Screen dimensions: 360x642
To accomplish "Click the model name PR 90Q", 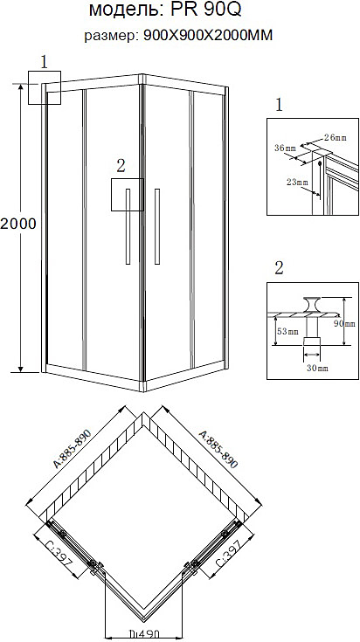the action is coord(206,10).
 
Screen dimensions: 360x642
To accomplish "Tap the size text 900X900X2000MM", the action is coord(208,36).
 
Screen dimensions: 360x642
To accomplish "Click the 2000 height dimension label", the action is coord(18,224).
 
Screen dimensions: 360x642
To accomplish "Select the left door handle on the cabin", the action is coord(128,226).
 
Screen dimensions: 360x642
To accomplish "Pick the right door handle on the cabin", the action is coord(157,226).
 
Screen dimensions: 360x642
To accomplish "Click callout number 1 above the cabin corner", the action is coord(45,62).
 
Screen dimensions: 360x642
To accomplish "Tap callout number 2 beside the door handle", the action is coord(121,166).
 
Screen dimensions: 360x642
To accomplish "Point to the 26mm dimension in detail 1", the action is coord(335,138).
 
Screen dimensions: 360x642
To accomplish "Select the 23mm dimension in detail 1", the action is coord(297,183).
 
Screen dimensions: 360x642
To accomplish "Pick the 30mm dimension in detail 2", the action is coord(318,368).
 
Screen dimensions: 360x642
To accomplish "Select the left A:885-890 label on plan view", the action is coord(72,449).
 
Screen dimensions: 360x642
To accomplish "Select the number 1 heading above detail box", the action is coord(279,106).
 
